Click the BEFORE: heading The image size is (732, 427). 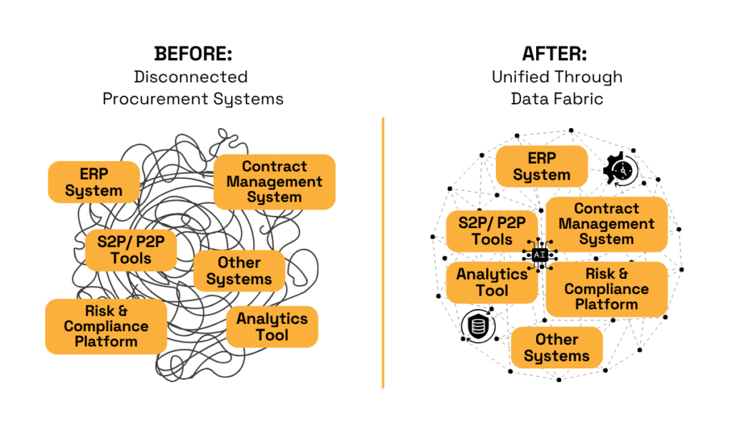tap(193, 54)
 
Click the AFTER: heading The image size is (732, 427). tap(555, 54)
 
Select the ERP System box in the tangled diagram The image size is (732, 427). tap(94, 182)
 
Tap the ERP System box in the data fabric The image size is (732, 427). tap(542, 167)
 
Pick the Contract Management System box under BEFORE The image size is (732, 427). tap(274, 182)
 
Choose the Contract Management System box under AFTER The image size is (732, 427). tap(606, 224)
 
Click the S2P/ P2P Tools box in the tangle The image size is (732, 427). tap(131, 250)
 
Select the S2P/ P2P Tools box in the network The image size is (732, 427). tap(492, 231)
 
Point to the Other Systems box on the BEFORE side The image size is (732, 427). tap(239, 271)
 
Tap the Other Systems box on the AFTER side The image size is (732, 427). tap(557, 348)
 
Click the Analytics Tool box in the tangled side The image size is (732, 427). tap(272, 327)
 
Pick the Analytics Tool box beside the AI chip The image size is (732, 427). tap(492, 283)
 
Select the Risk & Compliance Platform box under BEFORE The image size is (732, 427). tap(106, 326)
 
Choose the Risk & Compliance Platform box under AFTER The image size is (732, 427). tap(606, 289)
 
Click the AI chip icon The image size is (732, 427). tap(540, 255)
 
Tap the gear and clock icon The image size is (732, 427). tap(621, 170)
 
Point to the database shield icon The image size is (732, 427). tap(478, 325)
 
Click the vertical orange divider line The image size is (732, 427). tap(383, 252)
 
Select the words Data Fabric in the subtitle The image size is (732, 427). tap(557, 99)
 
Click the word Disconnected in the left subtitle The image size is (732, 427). tap(191, 77)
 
